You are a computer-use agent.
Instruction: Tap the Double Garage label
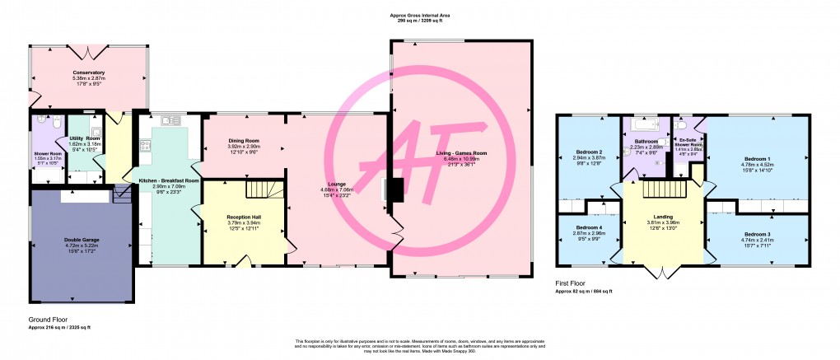tap(81, 240)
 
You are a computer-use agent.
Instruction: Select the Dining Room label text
tap(244, 141)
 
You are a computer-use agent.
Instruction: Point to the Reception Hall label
tap(243, 216)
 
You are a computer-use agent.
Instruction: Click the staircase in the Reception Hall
tap(264, 193)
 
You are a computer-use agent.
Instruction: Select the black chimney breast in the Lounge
tap(395, 189)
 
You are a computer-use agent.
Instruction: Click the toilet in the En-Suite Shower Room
tap(680, 125)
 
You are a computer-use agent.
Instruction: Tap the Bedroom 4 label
tap(589, 227)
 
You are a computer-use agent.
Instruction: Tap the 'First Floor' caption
tap(571, 283)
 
